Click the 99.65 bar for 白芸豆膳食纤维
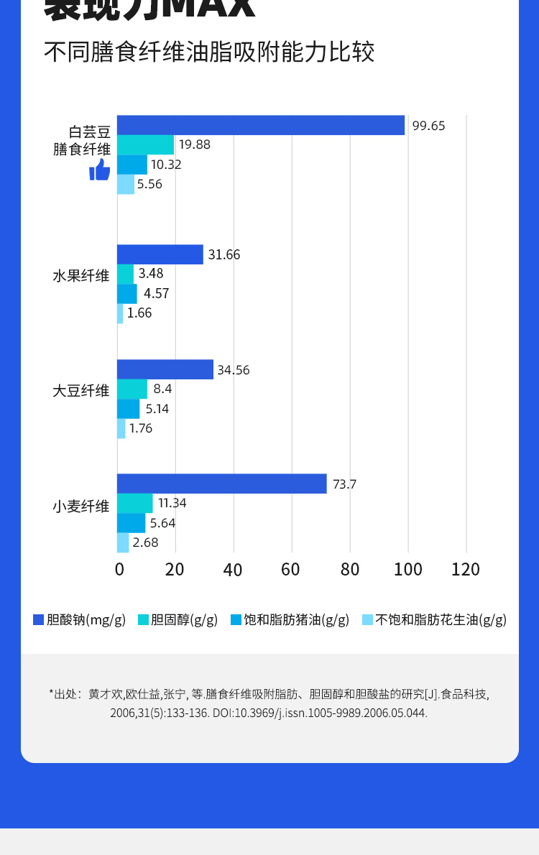coord(261,125)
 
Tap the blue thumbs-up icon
coord(100,170)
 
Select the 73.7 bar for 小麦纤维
coord(221,484)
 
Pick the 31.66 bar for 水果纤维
coord(160,254)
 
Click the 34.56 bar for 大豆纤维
coord(165,369)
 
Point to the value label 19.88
coord(195,144)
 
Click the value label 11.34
coord(172,503)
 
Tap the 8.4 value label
coord(162,389)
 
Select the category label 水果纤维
coord(81,276)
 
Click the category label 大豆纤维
coord(81,391)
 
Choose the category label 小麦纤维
coord(81,507)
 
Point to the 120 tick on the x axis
coord(466,570)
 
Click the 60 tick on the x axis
coord(290,570)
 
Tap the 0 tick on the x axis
coord(120,570)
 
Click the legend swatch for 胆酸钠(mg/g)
coord(39,619)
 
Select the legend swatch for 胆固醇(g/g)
coord(142,619)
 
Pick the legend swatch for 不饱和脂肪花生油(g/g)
coord(367,619)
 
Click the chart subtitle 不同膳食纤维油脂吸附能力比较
coord(209,52)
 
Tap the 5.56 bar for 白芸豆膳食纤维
coord(126,184)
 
